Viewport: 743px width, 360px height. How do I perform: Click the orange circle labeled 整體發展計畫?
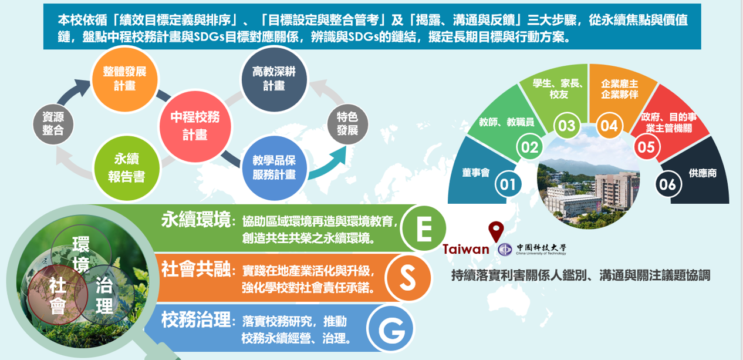[x=125, y=80]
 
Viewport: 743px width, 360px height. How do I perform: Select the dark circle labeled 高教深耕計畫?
[x=274, y=80]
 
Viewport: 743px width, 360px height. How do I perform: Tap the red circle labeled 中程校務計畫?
[x=195, y=126]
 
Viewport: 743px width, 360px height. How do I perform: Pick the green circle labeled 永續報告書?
[x=127, y=168]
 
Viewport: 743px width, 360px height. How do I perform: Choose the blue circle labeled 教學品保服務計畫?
[x=274, y=168]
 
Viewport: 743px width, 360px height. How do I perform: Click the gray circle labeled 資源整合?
[x=53, y=124]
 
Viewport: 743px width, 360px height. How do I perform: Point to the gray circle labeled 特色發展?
[x=347, y=124]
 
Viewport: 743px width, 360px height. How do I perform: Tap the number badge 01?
[x=508, y=184]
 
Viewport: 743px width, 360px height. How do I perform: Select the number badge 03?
[x=566, y=126]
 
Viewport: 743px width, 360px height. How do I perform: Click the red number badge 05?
[x=647, y=147]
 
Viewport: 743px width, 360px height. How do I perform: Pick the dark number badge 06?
[x=668, y=184]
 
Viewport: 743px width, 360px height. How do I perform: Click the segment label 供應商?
[x=703, y=173]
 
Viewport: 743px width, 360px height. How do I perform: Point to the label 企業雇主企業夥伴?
[x=619, y=89]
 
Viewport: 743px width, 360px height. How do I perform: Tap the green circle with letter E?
[x=424, y=228]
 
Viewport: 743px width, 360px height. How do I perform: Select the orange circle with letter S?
[x=408, y=278]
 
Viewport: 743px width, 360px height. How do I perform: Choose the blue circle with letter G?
[x=391, y=328]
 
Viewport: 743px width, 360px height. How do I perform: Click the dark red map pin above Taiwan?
[x=496, y=231]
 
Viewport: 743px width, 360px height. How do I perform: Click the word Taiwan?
[x=466, y=249]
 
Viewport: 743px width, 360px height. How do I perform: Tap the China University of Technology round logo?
[x=505, y=250]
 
